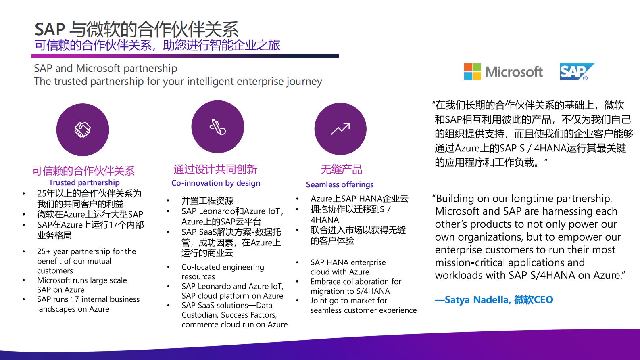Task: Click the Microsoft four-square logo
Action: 472,72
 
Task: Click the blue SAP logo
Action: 577,71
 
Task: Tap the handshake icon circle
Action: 83,130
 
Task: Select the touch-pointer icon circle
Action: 218,127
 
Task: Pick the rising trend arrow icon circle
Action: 340,129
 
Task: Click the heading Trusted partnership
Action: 84,182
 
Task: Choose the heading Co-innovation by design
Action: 216,183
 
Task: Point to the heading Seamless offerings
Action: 340,184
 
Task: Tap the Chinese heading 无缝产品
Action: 341,170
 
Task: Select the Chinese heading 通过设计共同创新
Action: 215,170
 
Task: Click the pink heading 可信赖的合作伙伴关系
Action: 83,171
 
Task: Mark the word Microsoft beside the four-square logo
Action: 514,72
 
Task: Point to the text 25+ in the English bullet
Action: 44,251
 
